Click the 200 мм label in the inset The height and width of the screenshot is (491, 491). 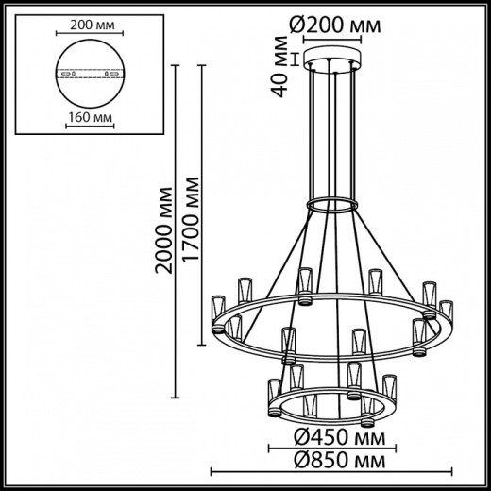(91, 26)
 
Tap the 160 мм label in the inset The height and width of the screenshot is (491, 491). (91, 120)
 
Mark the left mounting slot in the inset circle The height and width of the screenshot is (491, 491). (66, 74)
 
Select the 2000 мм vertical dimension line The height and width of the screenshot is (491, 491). (178, 227)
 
